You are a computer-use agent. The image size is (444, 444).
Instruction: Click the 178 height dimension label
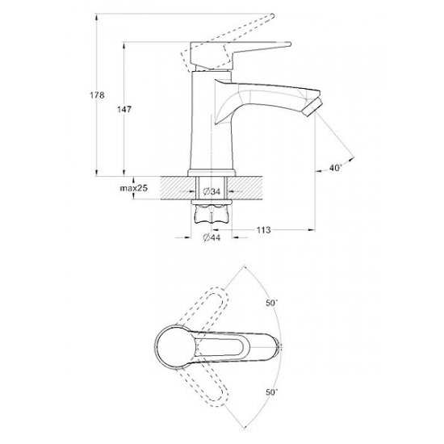[97, 95]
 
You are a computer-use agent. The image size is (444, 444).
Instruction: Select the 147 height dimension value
[124, 109]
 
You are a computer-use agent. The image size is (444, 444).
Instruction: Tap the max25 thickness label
[134, 188]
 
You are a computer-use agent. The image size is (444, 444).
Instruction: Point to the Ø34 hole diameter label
[212, 191]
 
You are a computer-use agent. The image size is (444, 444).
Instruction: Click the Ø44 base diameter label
[212, 238]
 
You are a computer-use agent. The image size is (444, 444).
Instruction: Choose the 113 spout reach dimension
[264, 230]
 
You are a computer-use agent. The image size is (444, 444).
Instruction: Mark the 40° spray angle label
[336, 168]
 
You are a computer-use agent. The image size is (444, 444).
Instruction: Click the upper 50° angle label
[272, 303]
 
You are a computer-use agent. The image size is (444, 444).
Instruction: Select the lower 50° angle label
[272, 392]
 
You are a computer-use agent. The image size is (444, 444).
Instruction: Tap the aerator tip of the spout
[313, 107]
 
